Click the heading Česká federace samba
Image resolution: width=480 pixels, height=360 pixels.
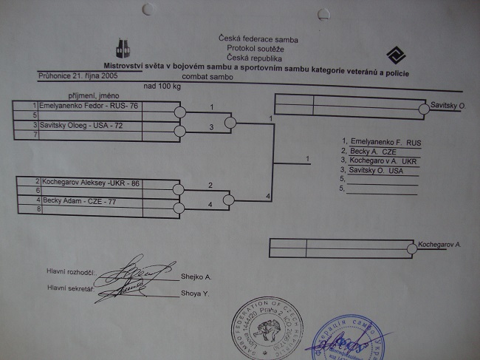coord(249,38)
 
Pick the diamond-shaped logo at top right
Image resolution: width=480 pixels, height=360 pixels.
coord(395,55)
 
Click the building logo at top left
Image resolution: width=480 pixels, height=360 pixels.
coord(123,48)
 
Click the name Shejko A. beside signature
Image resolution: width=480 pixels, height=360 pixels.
coord(196,277)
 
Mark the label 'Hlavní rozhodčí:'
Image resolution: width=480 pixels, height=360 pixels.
coord(69,274)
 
